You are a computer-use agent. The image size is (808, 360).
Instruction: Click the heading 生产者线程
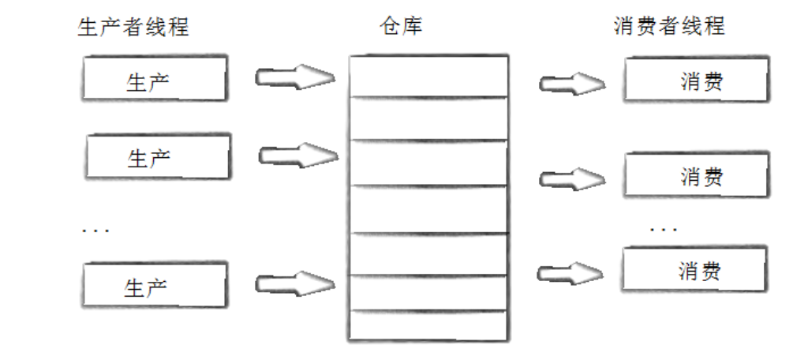coord(133,27)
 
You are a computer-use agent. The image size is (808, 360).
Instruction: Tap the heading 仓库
coord(401,26)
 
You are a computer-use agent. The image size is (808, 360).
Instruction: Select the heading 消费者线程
coord(668,26)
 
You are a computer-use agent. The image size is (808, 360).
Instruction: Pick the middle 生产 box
coord(158,156)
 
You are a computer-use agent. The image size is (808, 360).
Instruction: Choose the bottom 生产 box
coord(154,285)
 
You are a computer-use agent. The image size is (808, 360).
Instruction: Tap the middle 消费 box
coord(695,175)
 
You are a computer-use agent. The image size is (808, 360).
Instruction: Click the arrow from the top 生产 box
coord(294,77)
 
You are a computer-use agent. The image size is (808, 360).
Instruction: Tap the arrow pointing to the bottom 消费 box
coord(570,274)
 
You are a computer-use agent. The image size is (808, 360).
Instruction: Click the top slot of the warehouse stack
coord(428,76)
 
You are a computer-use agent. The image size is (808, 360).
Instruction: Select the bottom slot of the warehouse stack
coord(428,325)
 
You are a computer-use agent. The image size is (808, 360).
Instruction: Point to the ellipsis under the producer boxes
coord(95,231)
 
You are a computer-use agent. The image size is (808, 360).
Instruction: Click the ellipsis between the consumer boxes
coord(664,230)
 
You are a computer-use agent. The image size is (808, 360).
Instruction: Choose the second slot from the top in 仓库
coord(428,118)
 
